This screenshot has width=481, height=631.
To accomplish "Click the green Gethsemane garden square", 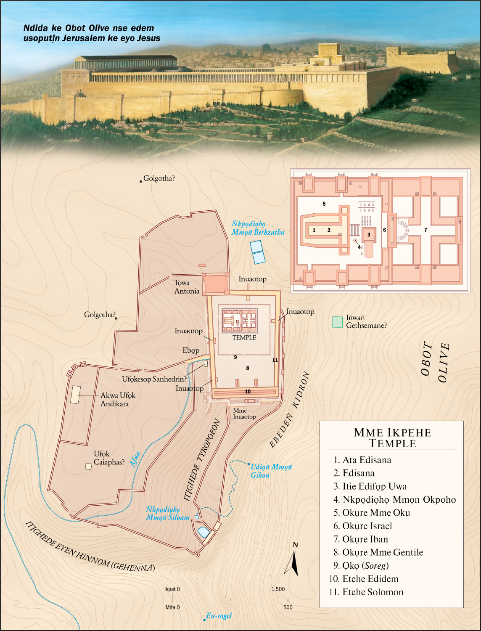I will (x=337, y=322).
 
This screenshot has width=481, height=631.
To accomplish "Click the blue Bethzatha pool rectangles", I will (x=257, y=252).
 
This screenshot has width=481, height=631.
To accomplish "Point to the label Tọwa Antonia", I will (x=187, y=287).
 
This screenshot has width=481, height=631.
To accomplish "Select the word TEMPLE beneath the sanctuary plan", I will (x=244, y=337).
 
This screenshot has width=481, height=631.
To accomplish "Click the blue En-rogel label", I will (x=219, y=616).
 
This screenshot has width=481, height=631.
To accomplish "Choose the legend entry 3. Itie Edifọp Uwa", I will (x=370, y=486).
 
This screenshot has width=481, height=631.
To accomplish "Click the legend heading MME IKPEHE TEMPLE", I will (x=392, y=438).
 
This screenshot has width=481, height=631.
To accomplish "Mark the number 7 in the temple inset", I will (x=425, y=230).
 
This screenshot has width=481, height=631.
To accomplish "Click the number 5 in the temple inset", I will (x=324, y=204).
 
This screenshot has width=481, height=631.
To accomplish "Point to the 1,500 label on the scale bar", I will (x=278, y=589).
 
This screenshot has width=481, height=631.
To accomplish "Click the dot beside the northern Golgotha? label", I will (x=141, y=181).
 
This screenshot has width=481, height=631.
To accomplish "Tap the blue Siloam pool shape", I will (x=203, y=532).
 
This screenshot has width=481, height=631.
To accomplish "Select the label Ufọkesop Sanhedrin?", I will (x=154, y=379).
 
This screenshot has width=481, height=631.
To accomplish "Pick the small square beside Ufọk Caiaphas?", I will (x=88, y=466).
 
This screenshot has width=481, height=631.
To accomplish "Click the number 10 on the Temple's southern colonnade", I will (x=248, y=392).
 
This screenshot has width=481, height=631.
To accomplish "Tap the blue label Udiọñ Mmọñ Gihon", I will (x=271, y=471).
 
